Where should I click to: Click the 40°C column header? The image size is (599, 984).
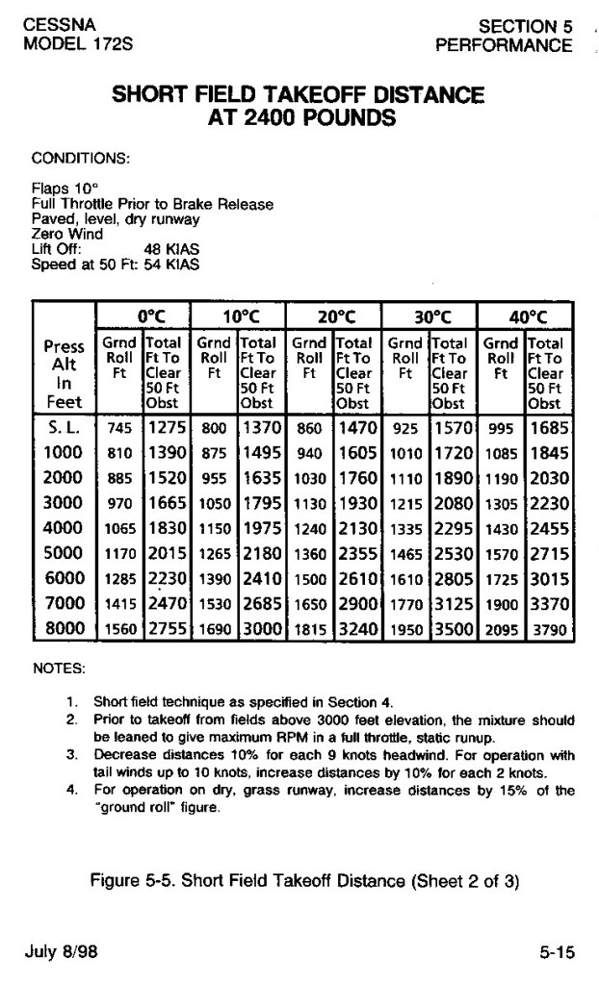point(527,316)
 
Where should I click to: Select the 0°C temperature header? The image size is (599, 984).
point(146,316)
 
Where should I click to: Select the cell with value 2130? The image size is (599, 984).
point(358,528)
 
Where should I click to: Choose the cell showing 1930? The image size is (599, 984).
point(358,503)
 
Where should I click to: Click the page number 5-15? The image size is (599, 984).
point(557,952)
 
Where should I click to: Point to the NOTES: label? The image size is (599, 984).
point(59,666)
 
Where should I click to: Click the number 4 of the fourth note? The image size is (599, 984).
point(71,790)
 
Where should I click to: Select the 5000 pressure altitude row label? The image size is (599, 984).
point(64,553)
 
